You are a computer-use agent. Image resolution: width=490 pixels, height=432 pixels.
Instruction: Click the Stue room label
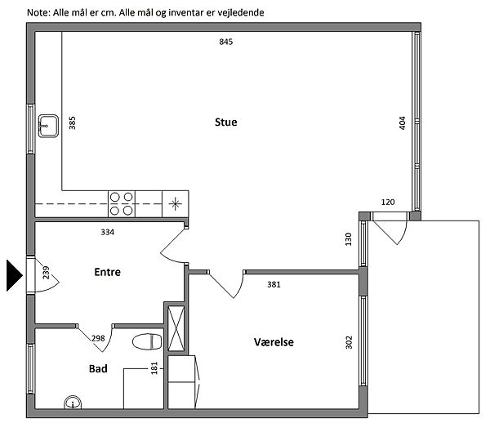[225, 122]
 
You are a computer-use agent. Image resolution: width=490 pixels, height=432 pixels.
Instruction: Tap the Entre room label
[108, 272]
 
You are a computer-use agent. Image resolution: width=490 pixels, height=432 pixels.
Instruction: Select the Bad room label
[98, 369]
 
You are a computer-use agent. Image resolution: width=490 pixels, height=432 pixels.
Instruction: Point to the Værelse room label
[274, 342]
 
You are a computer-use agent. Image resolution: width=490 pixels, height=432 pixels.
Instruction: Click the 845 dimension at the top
[226, 42]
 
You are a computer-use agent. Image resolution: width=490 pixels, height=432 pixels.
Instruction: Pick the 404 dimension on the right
[403, 122]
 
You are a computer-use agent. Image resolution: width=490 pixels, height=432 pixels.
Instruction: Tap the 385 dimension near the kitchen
[72, 122]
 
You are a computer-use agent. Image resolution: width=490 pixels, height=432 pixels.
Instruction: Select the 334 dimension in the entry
[108, 232]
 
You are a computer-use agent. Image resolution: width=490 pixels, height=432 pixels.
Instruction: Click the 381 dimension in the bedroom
[274, 284]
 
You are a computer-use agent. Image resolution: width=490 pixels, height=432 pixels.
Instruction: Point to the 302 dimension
[349, 342]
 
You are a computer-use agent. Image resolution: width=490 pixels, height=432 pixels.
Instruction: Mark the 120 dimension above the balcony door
[388, 203]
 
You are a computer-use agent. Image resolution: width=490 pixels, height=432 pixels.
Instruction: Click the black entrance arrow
[15, 276]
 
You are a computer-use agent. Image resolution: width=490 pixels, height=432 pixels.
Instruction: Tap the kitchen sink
[48, 126]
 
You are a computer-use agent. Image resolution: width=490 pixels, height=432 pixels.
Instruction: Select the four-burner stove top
[122, 204]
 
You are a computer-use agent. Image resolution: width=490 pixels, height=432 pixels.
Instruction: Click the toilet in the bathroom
[147, 342]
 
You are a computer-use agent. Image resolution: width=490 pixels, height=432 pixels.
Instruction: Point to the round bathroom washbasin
[73, 403]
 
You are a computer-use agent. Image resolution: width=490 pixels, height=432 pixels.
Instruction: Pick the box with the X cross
[176, 328]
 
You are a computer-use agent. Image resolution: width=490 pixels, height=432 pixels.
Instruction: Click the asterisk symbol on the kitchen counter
[175, 204]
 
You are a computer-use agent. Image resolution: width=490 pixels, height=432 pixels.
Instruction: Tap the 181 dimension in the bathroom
[154, 368]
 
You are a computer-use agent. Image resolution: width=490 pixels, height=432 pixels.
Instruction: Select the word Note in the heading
[38, 12]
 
